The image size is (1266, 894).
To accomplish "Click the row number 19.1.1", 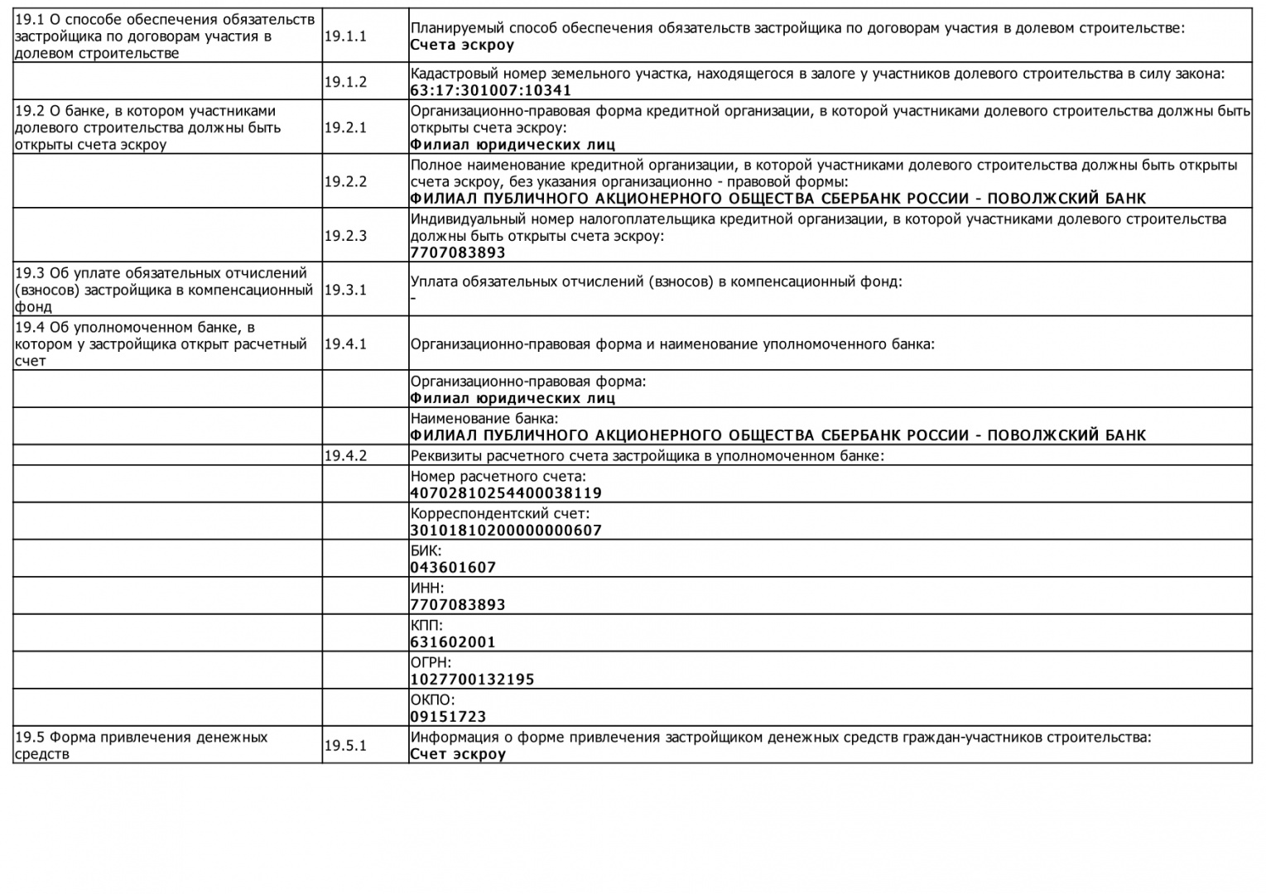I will point(345,36).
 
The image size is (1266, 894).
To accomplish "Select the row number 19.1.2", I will point(345,81).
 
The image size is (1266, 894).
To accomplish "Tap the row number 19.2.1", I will point(345,127).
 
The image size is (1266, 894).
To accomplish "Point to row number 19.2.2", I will point(345,181).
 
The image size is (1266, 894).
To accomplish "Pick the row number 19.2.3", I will point(345,235).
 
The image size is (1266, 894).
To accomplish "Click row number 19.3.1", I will point(345,290).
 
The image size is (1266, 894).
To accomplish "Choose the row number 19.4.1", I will point(345,344).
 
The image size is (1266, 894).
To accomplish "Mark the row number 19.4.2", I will point(345,455).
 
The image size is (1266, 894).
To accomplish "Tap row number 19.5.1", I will point(345,745).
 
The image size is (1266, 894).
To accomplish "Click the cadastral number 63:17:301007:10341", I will point(491,90).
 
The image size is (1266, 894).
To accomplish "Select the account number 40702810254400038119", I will point(506,493).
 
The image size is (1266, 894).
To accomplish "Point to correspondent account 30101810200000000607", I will point(506,531).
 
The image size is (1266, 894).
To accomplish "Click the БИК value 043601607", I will point(453,568).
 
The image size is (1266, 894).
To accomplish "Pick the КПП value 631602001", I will point(453,642).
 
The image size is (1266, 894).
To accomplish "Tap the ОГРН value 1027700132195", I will point(472,680).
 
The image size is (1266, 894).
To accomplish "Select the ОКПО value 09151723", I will point(448,717).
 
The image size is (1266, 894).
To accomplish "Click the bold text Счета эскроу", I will point(462,45).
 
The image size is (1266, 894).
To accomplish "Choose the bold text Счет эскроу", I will point(458,754).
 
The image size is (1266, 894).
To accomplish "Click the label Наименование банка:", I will point(484,419).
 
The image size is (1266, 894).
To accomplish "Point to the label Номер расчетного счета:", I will point(498,477).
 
